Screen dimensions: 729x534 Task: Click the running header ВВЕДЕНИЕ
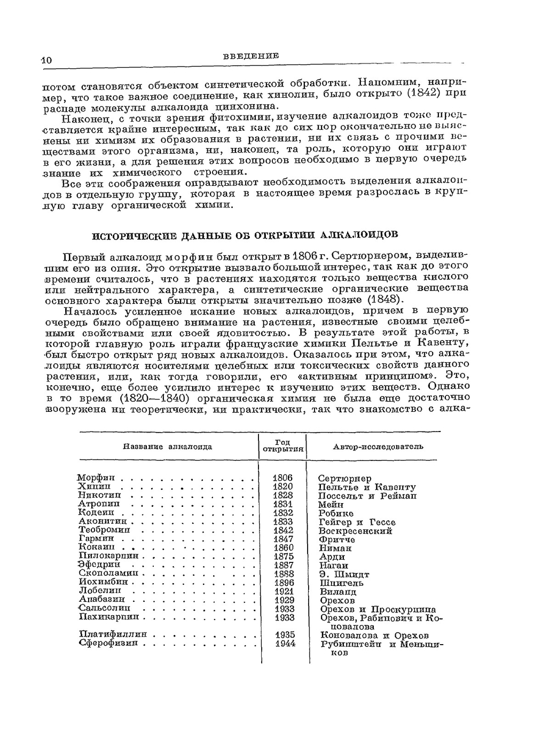(x=250, y=56)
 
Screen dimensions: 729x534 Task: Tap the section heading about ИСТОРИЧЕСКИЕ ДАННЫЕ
(x=245, y=235)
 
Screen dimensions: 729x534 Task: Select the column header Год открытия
(x=282, y=446)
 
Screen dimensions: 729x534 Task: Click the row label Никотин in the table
(x=99, y=495)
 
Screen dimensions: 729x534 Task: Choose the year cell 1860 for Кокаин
(x=283, y=548)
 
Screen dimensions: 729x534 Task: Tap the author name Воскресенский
(x=355, y=531)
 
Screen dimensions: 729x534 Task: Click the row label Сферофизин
(x=108, y=643)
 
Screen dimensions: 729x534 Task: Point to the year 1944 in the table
(x=285, y=644)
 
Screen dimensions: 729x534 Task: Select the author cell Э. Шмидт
(x=344, y=574)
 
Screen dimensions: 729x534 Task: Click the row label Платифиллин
(x=113, y=634)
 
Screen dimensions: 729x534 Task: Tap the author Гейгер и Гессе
(x=357, y=522)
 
